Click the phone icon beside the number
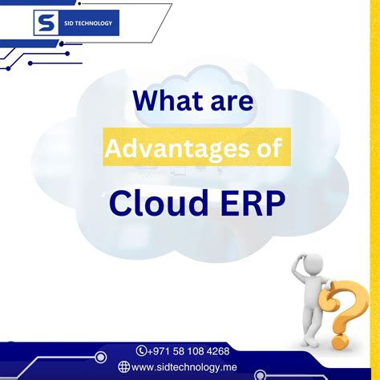142,350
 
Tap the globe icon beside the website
123,367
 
